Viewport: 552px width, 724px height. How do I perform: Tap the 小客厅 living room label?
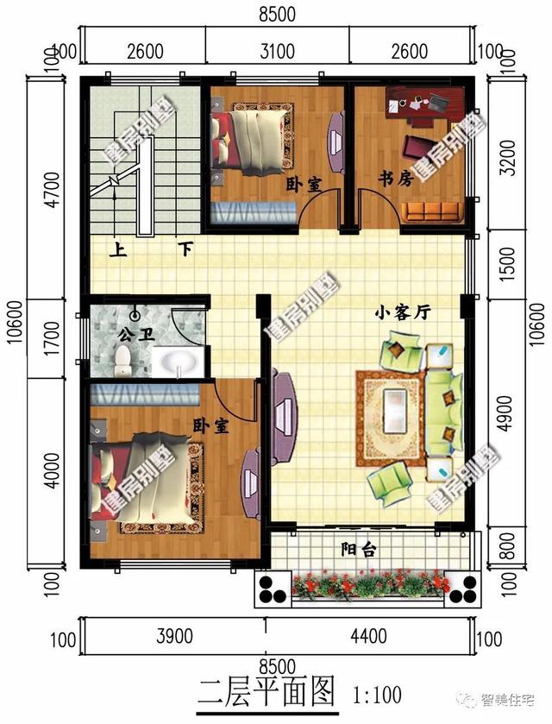402,315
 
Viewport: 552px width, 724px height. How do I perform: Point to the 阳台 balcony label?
358,549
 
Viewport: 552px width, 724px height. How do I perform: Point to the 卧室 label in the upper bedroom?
303,184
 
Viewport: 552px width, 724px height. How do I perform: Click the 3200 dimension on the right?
510,154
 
